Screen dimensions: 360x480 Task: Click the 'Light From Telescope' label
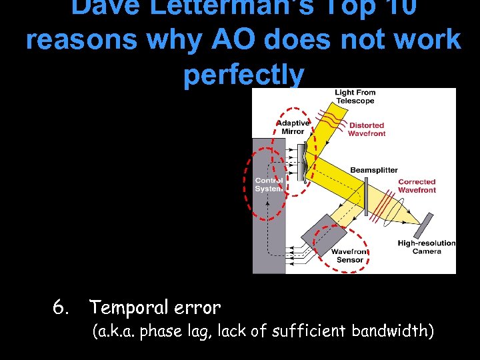coord(355,97)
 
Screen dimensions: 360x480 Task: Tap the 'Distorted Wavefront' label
coord(367,129)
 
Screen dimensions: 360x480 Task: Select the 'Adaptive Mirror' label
coord(293,127)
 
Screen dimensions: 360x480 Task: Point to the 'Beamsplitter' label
coord(374,171)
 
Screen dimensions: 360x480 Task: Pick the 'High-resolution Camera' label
coord(427,247)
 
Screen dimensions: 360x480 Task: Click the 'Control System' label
coord(269,184)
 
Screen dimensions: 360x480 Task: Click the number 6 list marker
coord(61,307)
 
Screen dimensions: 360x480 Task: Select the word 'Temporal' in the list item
coord(128,307)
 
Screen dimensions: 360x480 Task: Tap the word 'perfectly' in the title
coord(243,75)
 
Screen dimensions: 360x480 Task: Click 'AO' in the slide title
coord(239,39)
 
